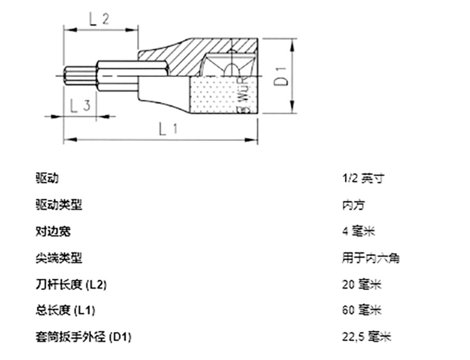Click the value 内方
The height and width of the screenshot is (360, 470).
point(353,205)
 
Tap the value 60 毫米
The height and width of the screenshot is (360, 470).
point(362,310)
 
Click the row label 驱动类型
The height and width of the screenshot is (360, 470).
point(58,205)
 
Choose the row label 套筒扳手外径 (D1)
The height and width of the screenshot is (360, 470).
point(83,337)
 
